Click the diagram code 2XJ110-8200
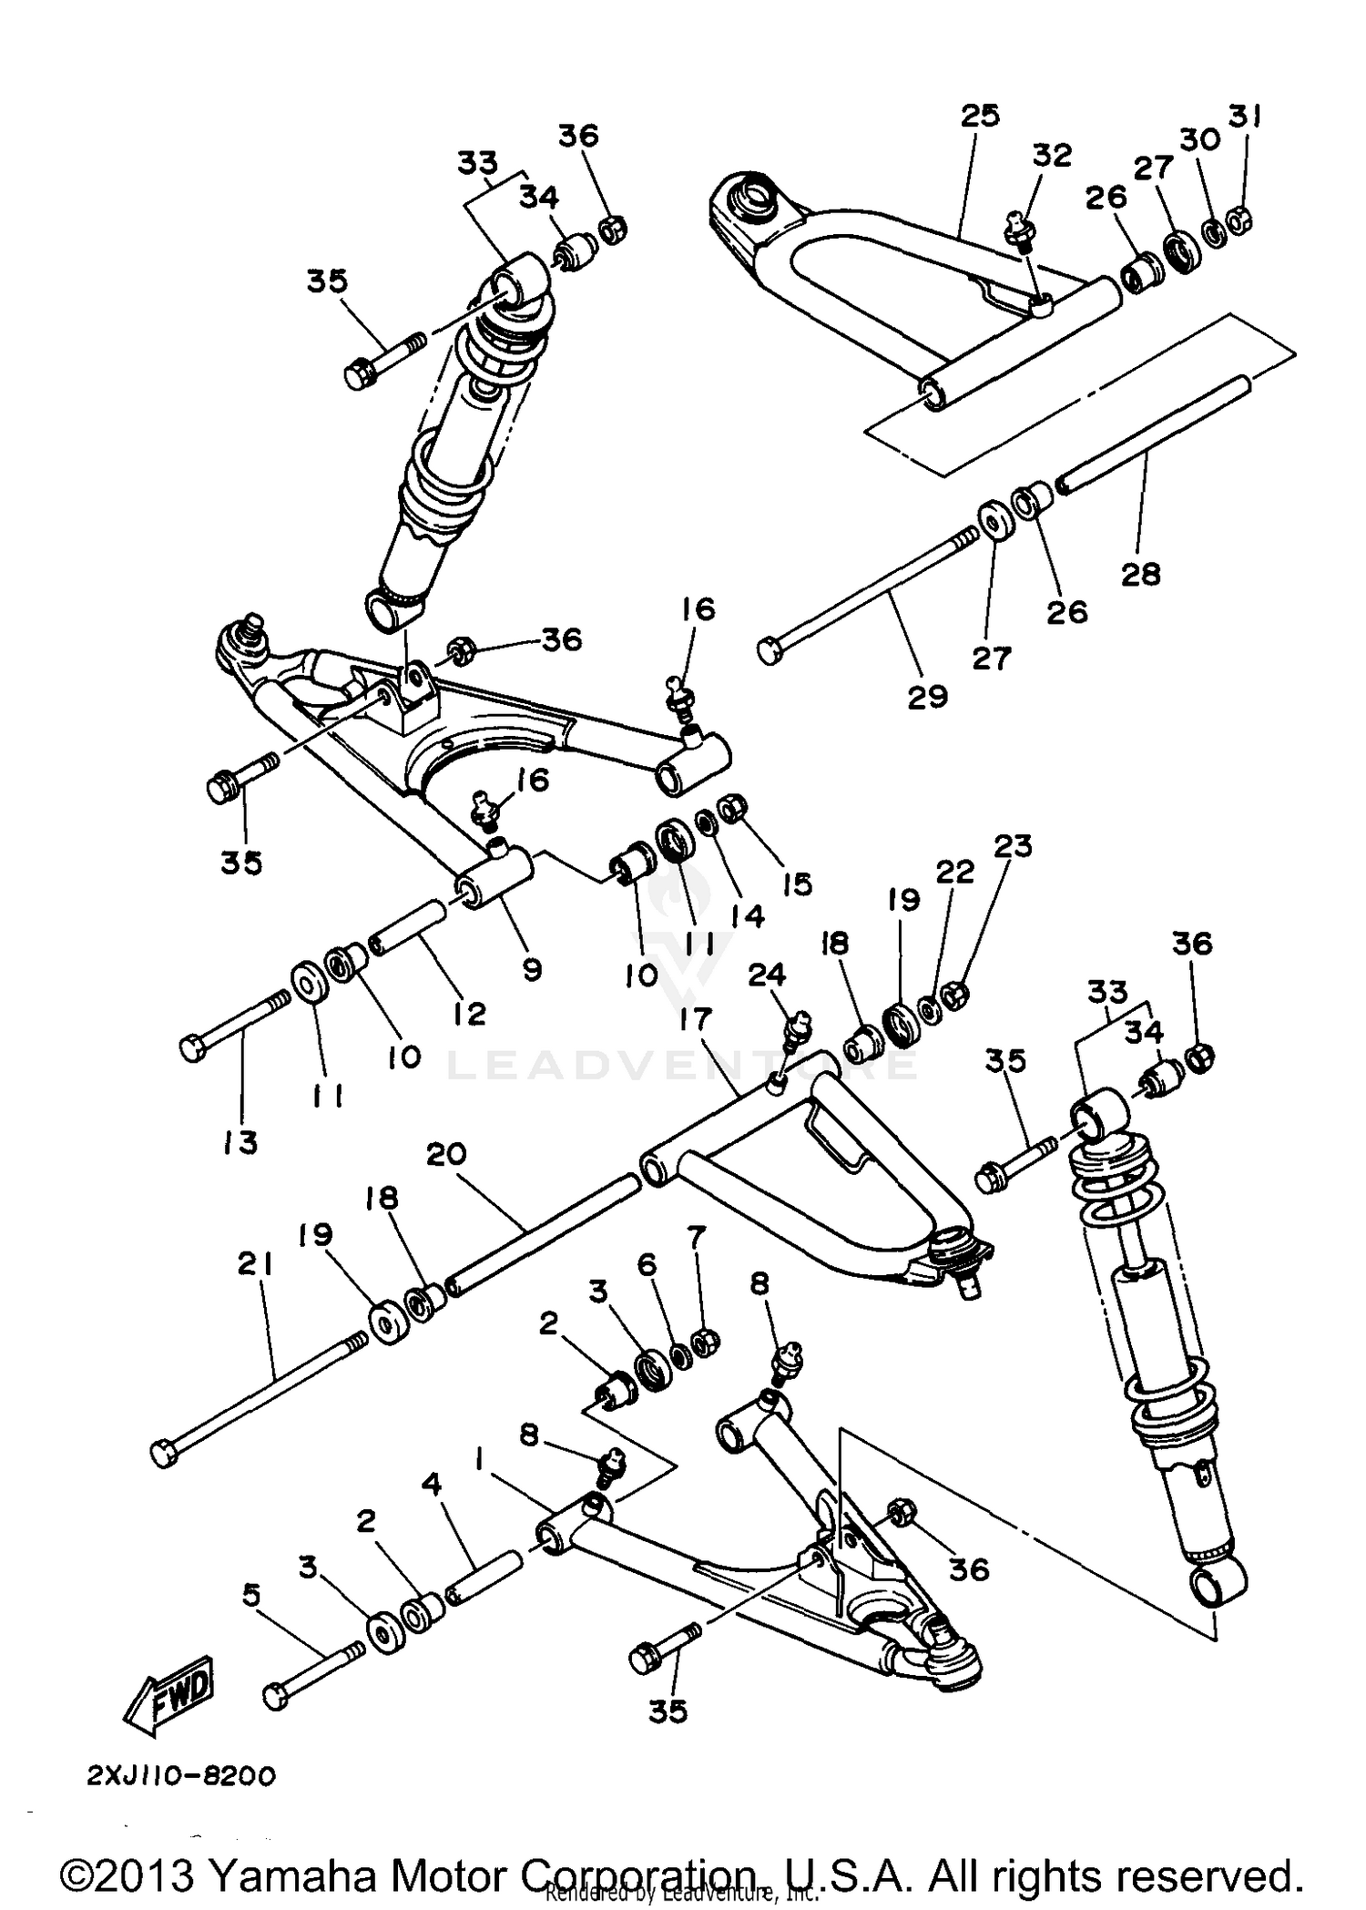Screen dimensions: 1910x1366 [181, 1776]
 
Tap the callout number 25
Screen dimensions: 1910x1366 [979, 116]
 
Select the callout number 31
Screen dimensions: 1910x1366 [1246, 117]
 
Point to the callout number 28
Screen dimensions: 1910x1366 [1140, 574]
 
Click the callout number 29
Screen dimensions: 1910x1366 [927, 696]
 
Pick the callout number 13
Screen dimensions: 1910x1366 [240, 1141]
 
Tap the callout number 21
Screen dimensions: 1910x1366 [256, 1263]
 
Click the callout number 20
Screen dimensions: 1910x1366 [446, 1154]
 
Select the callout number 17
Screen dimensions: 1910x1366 [694, 1018]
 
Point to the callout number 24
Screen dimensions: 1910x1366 [767, 974]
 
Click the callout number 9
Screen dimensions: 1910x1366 [532, 968]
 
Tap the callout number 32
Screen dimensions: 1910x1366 [1052, 155]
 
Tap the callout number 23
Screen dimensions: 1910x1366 [1013, 846]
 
